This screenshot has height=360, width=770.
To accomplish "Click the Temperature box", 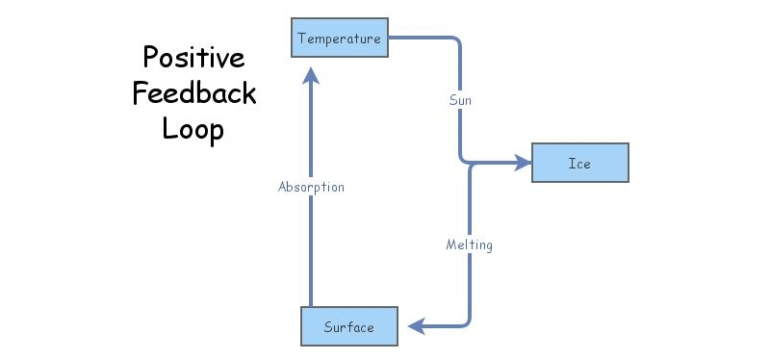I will (339, 39).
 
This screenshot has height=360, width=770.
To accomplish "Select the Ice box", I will (579, 163).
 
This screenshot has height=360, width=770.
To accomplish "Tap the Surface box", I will (349, 326).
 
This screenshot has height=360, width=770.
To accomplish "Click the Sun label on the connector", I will (460, 100).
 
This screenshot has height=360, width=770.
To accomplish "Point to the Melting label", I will (469, 244).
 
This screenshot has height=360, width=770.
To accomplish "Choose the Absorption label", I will (310, 187).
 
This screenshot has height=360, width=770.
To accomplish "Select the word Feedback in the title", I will (194, 92).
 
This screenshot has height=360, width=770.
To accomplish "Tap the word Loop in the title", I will (192, 127).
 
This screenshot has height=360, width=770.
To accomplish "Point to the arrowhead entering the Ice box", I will (523, 164).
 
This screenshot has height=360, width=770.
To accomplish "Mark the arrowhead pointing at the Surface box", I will (415, 326).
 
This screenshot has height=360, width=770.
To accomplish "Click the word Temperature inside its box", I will (339, 39).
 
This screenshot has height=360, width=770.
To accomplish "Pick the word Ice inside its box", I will (579, 164).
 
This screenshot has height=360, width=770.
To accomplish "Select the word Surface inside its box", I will (349, 327).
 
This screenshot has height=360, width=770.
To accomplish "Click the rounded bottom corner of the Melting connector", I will (467, 322).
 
